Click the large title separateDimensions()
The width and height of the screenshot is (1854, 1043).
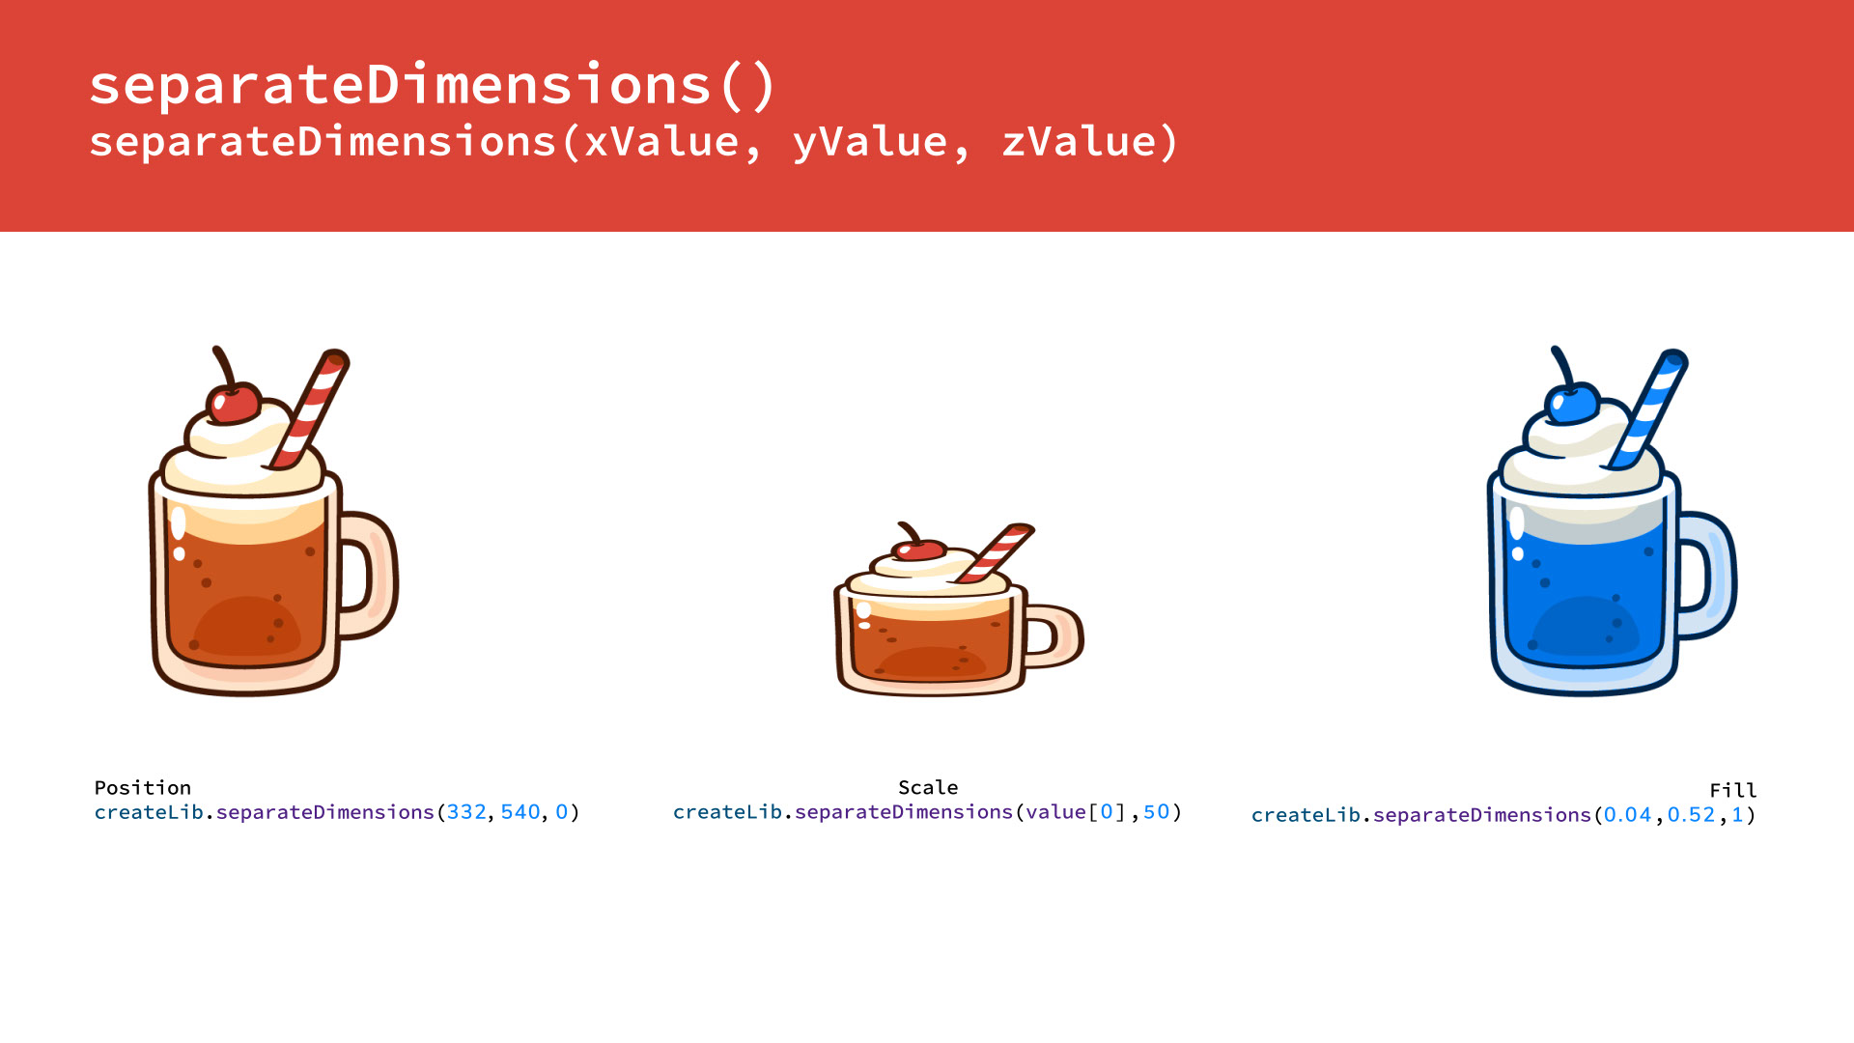click(433, 85)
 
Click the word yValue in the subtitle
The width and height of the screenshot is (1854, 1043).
click(870, 142)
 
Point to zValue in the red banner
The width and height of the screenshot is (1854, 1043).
click(1078, 142)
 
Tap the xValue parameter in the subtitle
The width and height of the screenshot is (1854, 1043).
click(661, 142)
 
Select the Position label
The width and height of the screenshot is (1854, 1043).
click(143, 787)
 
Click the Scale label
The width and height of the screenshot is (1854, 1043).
click(928, 787)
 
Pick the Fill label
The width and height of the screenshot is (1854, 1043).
click(1733, 790)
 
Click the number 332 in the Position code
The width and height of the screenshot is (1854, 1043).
click(466, 812)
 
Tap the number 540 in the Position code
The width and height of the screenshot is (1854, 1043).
click(520, 812)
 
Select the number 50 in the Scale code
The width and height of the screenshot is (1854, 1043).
click(1156, 812)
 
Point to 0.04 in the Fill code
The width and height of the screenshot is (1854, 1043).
click(1628, 815)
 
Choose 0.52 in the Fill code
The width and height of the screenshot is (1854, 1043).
click(1691, 815)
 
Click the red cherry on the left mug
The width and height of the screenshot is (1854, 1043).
click(233, 403)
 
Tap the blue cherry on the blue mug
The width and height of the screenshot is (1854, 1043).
click(1571, 403)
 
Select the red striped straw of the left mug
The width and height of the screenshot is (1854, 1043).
click(310, 409)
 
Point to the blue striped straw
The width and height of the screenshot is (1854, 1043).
click(1647, 409)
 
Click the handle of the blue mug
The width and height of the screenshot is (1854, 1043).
click(1710, 575)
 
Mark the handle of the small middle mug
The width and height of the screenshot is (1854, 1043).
click(1058, 636)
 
